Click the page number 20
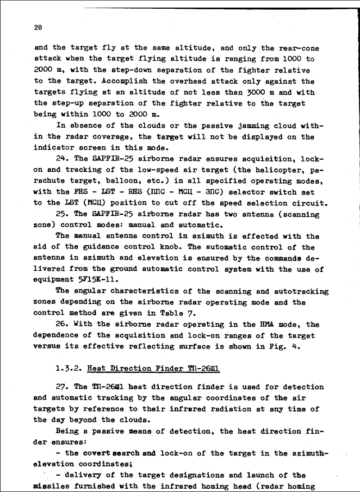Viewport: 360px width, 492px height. [38, 27]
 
